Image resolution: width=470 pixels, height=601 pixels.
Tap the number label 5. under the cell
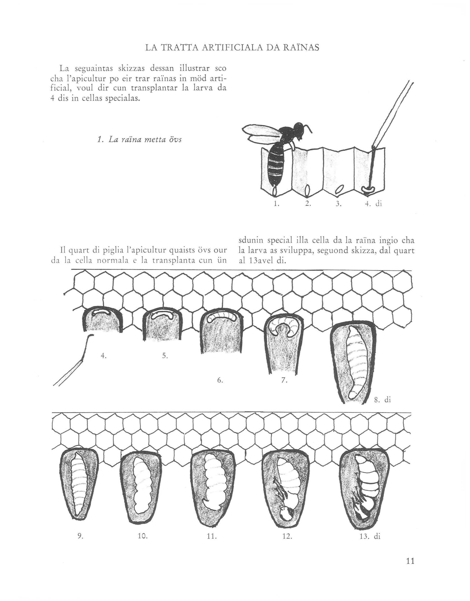coord(165,356)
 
